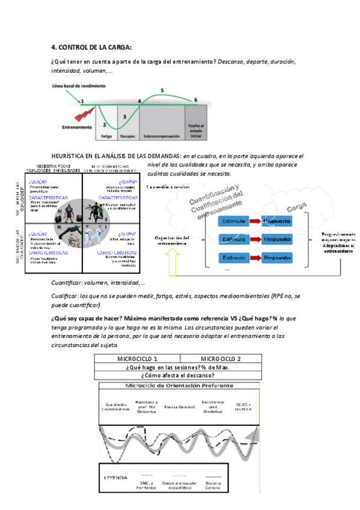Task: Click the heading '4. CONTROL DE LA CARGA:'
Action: click(x=91, y=48)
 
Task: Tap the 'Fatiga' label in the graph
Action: click(x=106, y=137)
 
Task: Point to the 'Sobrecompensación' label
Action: click(x=160, y=137)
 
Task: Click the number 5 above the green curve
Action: click(x=162, y=90)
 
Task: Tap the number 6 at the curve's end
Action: click(x=195, y=100)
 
